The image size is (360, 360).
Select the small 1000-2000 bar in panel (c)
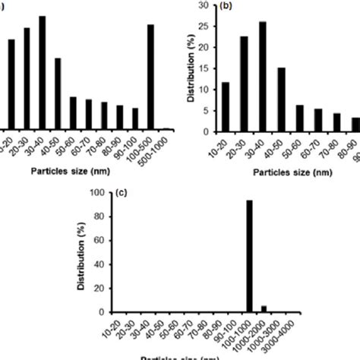[264, 308]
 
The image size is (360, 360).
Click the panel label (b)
[226, 6]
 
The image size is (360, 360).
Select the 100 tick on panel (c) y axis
[98, 194]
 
